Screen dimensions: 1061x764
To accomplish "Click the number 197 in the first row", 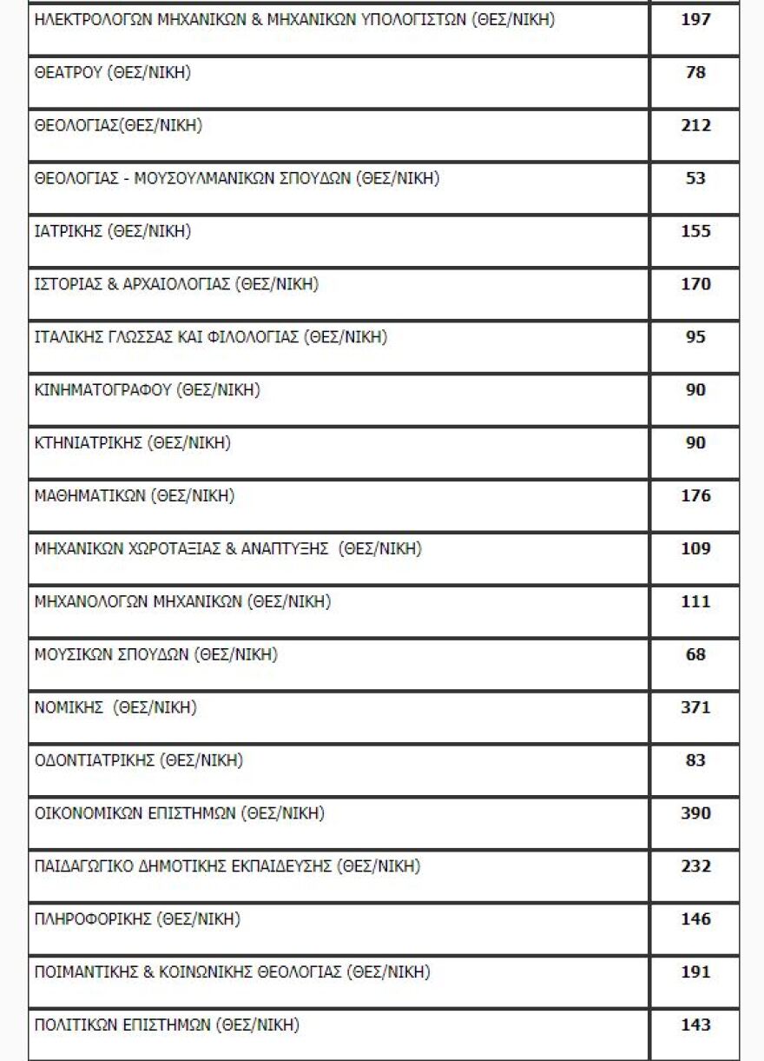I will [x=695, y=19].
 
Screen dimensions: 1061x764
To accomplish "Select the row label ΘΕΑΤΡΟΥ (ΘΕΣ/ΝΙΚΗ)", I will [x=113, y=73].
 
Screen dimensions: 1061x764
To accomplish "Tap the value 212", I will [x=695, y=125].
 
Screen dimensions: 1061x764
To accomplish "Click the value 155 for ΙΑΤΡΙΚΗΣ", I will [x=695, y=231].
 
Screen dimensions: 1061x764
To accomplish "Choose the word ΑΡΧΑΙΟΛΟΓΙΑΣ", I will [x=181, y=284].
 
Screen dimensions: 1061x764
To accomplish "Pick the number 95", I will [x=695, y=337].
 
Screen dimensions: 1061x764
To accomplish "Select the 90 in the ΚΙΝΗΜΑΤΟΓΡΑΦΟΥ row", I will [x=695, y=390].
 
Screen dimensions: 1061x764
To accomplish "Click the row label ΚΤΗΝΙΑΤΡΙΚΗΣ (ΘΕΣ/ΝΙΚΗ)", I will [x=132, y=443].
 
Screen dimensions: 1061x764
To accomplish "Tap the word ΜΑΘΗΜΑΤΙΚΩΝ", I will [x=89, y=496].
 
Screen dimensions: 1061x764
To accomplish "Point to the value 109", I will [x=695, y=548].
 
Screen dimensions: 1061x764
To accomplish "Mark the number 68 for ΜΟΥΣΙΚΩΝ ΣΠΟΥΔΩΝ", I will [x=695, y=654].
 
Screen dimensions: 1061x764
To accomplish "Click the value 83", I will [x=695, y=760].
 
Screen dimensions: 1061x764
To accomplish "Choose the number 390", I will [x=695, y=813].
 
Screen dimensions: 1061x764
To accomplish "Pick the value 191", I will [x=695, y=972].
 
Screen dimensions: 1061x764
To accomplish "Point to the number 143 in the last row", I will [x=695, y=1025].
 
